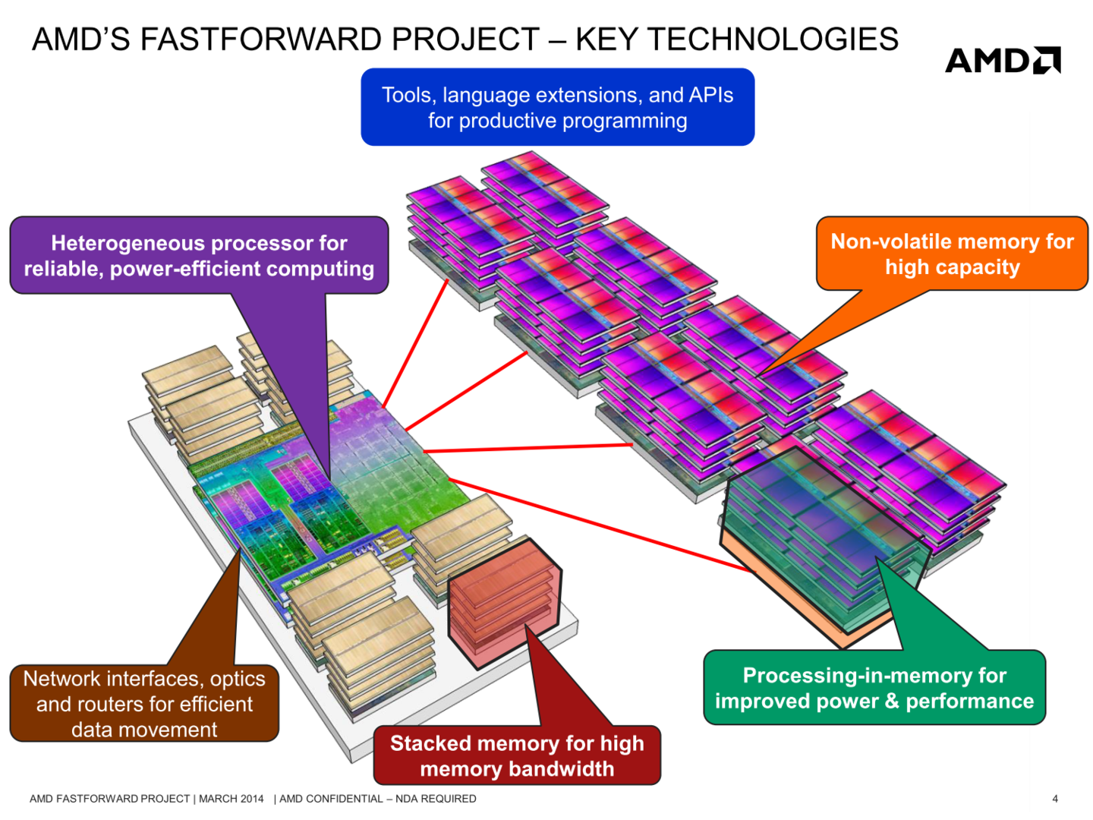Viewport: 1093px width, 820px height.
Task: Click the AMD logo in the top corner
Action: pos(1002,61)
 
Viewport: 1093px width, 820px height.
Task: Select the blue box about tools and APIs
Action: pos(557,107)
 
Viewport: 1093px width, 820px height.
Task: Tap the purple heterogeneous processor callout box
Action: pos(199,256)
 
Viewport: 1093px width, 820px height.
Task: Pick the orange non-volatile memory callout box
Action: pos(952,254)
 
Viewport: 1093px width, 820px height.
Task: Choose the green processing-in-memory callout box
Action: pos(874,688)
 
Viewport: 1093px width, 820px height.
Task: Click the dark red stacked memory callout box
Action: pos(517,755)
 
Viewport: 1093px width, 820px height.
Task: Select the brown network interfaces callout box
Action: pos(144,704)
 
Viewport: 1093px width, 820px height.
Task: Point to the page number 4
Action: pos(1055,799)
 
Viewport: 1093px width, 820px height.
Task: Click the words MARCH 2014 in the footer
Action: pos(232,799)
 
